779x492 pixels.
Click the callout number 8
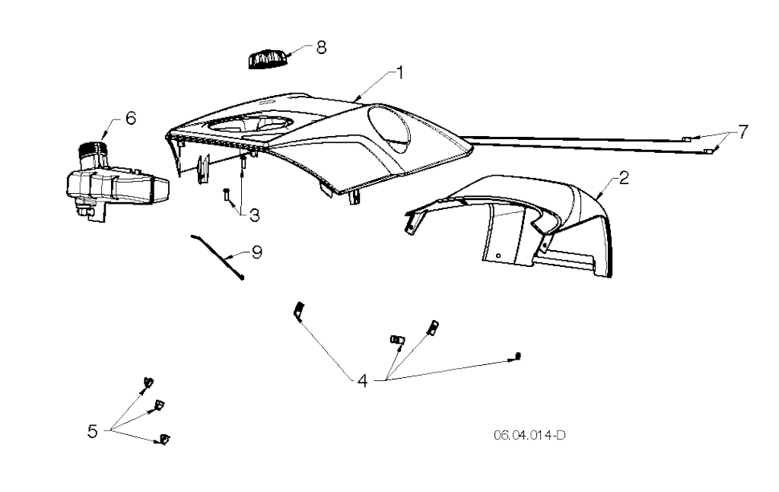322,48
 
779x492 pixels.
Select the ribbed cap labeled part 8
268,59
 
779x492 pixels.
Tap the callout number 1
399,72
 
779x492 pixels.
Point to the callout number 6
130,118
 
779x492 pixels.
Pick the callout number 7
742,132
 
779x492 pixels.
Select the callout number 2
624,177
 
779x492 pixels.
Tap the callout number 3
254,215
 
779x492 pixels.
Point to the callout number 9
257,252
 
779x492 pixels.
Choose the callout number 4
363,381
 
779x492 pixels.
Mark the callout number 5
92,431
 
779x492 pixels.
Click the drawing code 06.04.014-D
529,436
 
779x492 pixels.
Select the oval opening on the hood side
390,128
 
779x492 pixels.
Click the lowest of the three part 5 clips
164,440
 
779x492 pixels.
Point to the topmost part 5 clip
148,382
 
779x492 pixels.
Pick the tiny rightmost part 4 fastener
519,355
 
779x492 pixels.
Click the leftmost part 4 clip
300,311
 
